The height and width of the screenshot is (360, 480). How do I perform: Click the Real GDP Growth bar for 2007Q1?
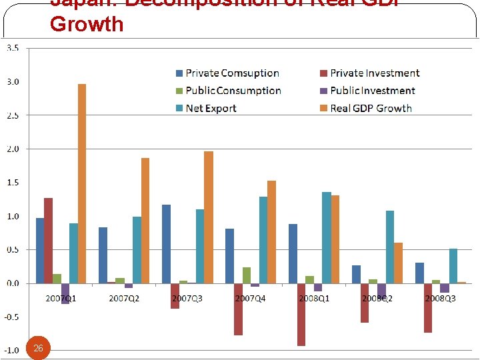(x=82, y=183)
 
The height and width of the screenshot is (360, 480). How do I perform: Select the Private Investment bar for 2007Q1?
(x=48, y=241)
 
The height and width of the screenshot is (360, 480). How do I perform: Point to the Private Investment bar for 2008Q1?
(x=301, y=315)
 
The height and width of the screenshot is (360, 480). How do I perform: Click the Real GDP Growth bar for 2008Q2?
(x=398, y=263)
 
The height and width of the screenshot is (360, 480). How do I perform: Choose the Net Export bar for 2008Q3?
(x=453, y=266)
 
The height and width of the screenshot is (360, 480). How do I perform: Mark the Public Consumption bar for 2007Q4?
(x=247, y=275)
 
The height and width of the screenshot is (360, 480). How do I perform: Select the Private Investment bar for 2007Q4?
(x=238, y=309)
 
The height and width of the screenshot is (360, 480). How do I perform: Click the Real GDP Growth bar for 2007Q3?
(x=209, y=217)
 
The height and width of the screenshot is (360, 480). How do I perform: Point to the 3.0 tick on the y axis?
(x=13, y=82)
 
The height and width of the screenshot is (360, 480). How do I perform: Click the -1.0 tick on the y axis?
(x=12, y=351)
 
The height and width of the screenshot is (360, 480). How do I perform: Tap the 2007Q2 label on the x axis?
(x=124, y=298)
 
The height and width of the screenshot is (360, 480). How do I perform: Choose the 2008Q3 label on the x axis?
(x=440, y=298)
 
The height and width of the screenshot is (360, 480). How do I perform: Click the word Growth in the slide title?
(x=87, y=24)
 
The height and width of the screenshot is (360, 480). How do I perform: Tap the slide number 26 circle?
(x=38, y=348)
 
